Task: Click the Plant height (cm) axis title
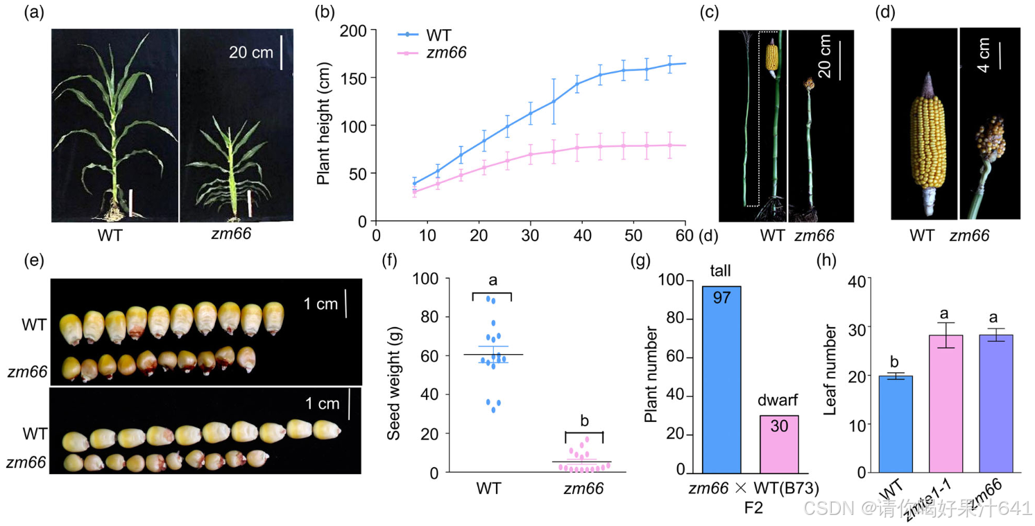(x=323, y=124)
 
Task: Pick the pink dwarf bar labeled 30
(x=779, y=444)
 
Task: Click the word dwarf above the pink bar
(x=778, y=401)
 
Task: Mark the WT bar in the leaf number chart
(x=894, y=423)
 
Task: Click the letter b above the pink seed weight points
(x=583, y=421)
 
